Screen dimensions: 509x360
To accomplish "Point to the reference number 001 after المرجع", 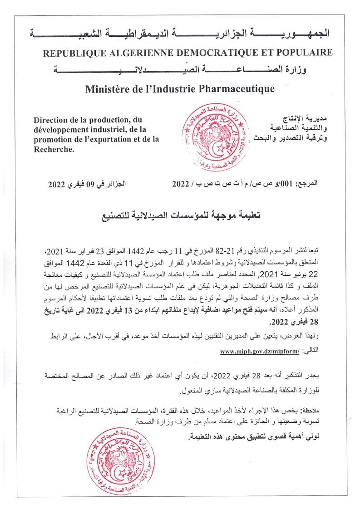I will (283, 185).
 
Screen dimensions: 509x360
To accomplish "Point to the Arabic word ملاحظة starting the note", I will (309, 411).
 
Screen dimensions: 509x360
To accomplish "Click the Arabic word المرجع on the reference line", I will (306, 185).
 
